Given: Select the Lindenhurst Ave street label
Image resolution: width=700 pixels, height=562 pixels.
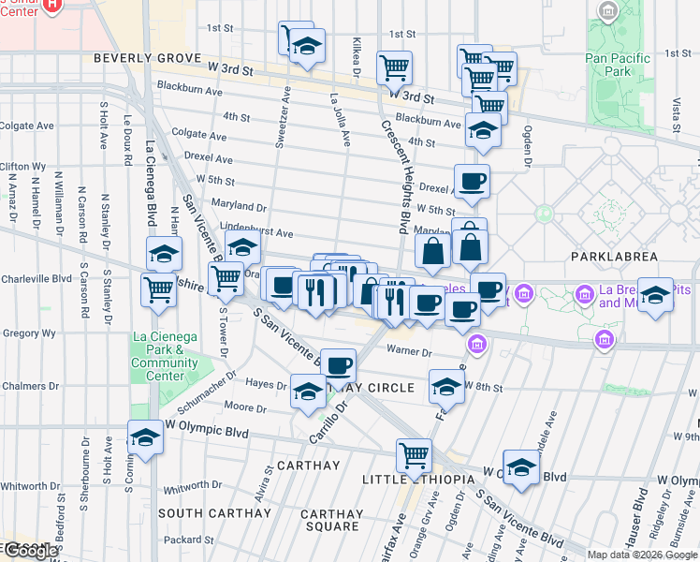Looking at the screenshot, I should click(256, 230).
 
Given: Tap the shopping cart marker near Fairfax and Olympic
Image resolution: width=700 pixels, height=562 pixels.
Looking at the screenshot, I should click(414, 455).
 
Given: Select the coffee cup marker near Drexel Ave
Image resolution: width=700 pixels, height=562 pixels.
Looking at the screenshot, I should click(472, 181).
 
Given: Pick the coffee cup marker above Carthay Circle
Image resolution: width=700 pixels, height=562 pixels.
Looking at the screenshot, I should click(338, 364).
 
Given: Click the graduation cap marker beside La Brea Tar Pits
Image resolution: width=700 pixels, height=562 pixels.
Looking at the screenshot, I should click(655, 295).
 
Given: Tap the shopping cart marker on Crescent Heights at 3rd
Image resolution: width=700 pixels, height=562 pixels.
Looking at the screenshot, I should click(394, 67).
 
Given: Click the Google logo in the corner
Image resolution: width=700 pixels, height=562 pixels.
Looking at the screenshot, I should click(30, 551).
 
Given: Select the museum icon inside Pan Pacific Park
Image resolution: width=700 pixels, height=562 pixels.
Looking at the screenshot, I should click(609, 12).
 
